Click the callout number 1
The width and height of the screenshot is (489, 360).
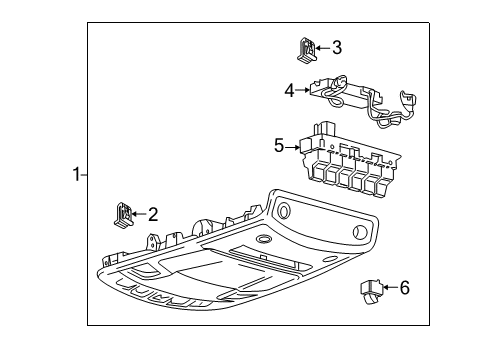pos(75,175)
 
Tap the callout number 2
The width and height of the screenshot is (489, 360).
pos(153,212)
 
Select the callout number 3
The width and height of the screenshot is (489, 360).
pos(336,46)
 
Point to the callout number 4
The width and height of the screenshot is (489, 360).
pos(289,90)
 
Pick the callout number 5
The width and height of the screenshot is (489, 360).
pos(280,146)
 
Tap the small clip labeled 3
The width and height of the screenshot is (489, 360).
pos(308,46)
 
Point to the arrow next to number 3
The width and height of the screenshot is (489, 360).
pos(323,46)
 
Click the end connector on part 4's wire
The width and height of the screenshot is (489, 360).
pos(407,100)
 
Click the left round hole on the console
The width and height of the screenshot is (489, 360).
pos(281,210)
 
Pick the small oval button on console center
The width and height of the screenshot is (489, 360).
pos(263,241)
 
